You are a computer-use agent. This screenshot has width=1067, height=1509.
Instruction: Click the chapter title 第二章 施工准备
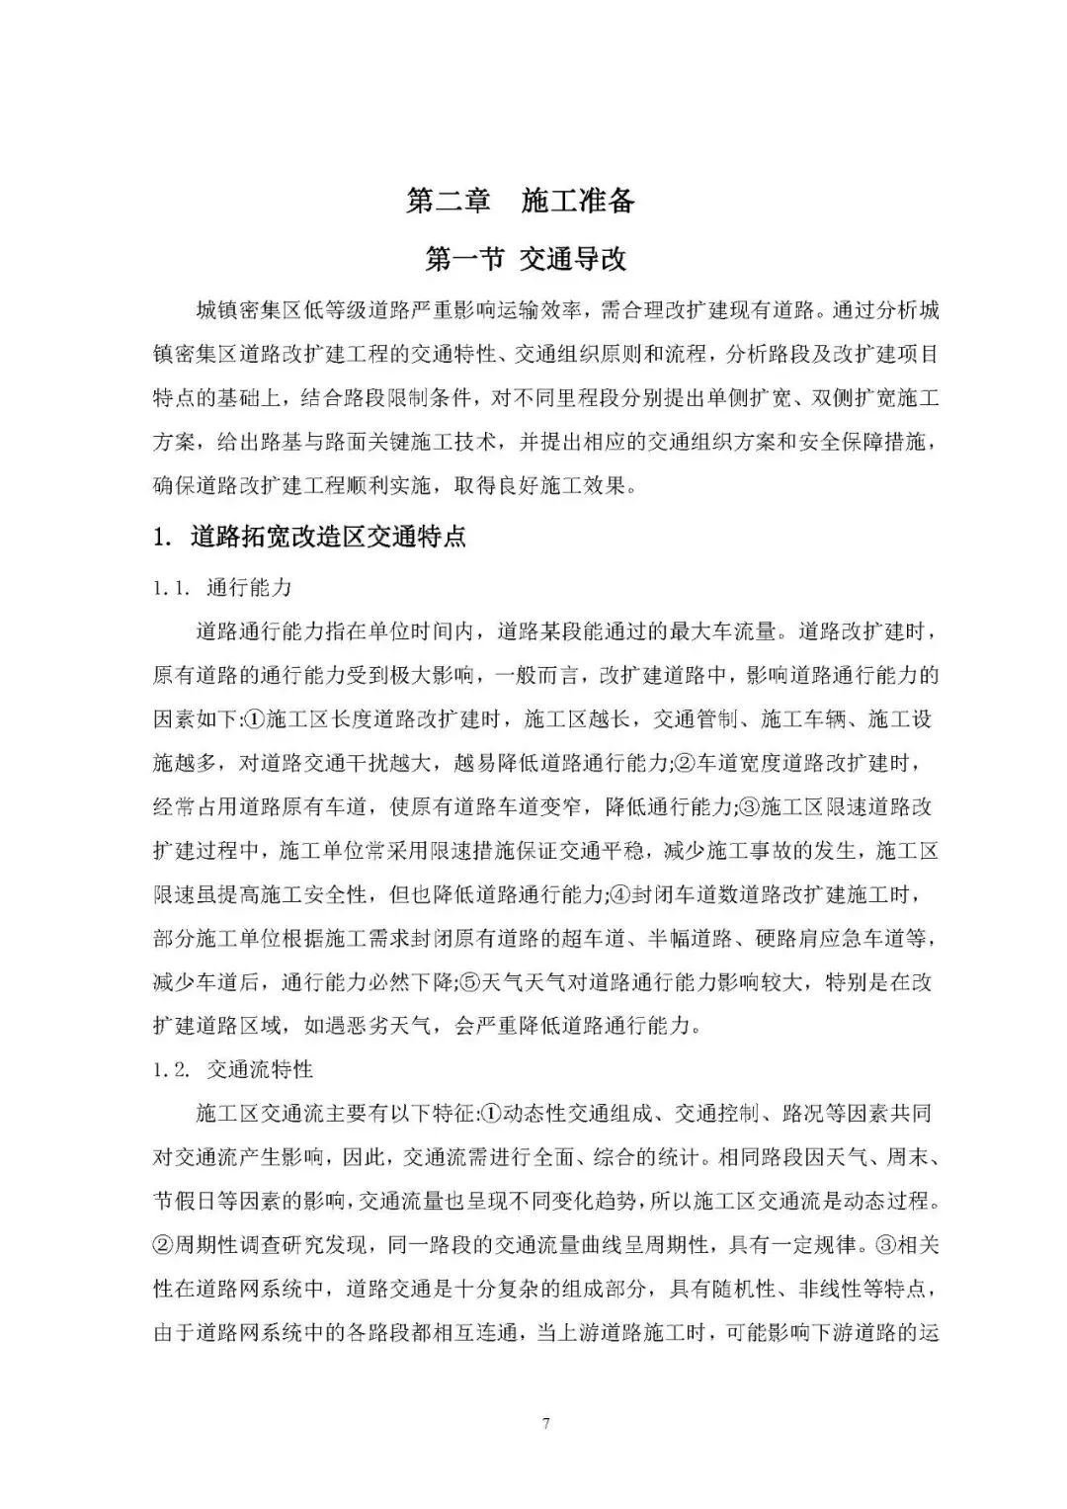click(x=521, y=202)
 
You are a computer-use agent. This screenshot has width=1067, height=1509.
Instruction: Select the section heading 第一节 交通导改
click(x=525, y=259)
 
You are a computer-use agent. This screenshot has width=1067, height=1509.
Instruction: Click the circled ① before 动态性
click(x=491, y=1114)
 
